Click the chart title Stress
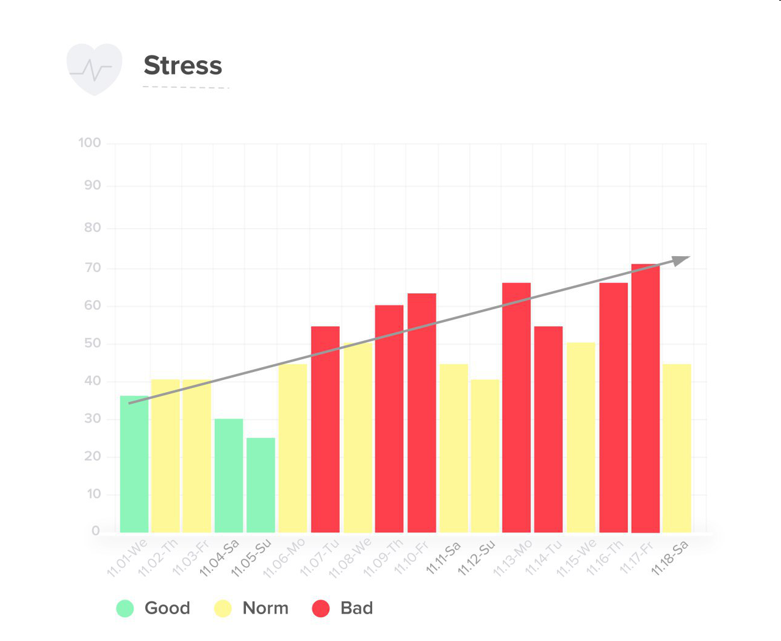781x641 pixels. (x=182, y=65)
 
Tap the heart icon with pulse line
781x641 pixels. (x=94, y=69)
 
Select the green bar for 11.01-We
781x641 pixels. (x=134, y=464)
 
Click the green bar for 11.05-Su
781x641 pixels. (x=261, y=485)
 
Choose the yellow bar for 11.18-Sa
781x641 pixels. (x=677, y=448)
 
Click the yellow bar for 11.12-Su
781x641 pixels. (x=485, y=456)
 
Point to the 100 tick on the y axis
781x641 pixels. (x=90, y=143)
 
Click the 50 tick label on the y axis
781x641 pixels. (x=93, y=343)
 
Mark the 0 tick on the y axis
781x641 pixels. (x=96, y=531)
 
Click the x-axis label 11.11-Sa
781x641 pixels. (x=443, y=557)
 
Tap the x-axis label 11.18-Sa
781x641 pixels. (x=670, y=557)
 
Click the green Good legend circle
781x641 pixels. (x=125, y=608)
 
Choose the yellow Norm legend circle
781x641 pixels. (x=223, y=608)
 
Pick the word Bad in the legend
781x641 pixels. (x=356, y=608)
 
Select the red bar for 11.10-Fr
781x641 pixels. (x=422, y=413)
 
